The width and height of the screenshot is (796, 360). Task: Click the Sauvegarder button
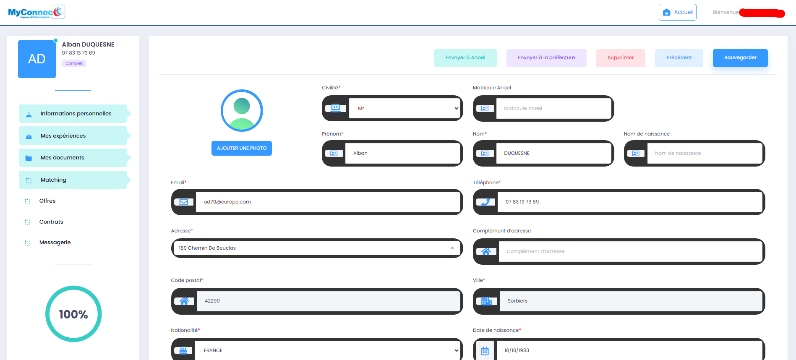click(740, 58)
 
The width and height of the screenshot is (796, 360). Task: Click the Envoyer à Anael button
click(465, 58)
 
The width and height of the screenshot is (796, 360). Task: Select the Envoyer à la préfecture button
click(546, 58)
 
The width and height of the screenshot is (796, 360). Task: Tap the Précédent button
click(679, 58)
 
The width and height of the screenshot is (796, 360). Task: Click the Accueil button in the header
click(677, 12)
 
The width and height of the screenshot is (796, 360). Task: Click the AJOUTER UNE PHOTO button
click(241, 148)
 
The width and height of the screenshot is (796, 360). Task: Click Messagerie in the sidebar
click(55, 243)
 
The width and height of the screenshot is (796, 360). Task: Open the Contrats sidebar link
click(51, 222)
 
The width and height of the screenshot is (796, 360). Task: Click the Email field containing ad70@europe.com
click(327, 202)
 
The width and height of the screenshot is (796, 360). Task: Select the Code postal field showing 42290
click(327, 301)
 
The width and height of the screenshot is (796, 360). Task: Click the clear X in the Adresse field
click(452, 248)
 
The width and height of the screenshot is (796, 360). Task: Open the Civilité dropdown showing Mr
click(405, 108)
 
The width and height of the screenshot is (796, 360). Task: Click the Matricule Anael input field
click(553, 108)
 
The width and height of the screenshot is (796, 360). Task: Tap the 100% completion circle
click(73, 314)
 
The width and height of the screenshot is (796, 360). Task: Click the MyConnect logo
click(37, 12)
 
